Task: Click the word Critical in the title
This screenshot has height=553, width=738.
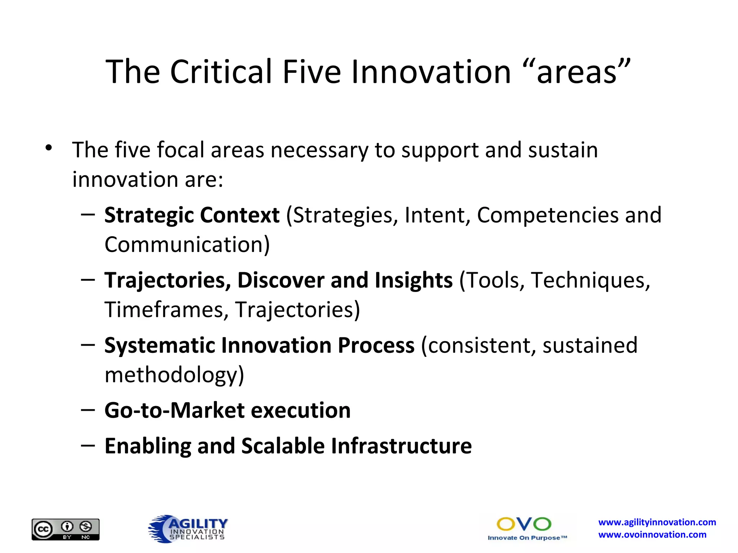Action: pyautogui.click(x=221, y=72)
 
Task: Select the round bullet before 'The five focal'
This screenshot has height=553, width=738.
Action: pyautogui.click(x=49, y=148)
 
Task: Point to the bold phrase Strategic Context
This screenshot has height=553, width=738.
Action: pyautogui.click(x=192, y=215)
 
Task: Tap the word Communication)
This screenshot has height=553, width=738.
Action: pyautogui.click(x=187, y=245)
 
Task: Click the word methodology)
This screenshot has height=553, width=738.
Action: pyautogui.click(x=174, y=375)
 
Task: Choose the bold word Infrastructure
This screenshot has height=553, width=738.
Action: pyautogui.click(x=401, y=446)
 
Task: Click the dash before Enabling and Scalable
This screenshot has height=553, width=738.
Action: pyautogui.click(x=88, y=446)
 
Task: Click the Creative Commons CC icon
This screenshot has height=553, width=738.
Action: pyautogui.click(x=43, y=530)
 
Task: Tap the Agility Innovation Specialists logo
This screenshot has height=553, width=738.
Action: pyautogui.click(x=188, y=529)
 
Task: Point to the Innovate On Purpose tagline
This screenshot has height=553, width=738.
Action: pyautogui.click(x=527, y=538)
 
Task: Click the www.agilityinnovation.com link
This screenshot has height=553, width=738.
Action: pyautogui.click(x=657, y=522)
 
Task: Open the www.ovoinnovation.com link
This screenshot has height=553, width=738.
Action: pyautogui.click(x=652, y=535)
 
